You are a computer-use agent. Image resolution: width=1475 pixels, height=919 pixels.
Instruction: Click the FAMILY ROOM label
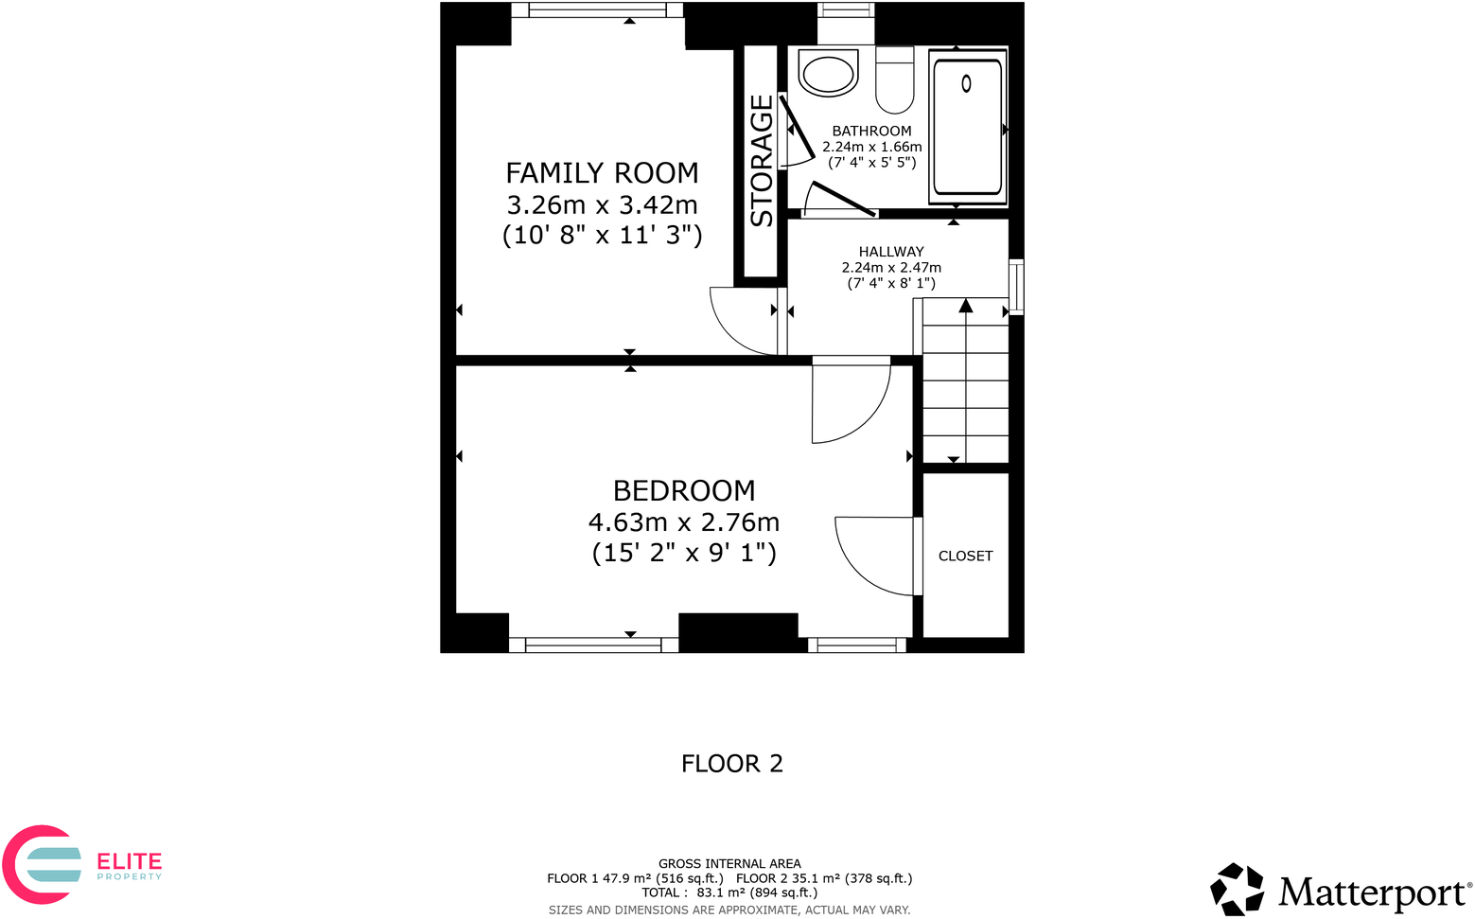[602, 173]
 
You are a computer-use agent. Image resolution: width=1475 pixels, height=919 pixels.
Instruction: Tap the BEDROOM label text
[683, 490]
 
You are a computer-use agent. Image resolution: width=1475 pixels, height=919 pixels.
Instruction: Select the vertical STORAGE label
[762, 161]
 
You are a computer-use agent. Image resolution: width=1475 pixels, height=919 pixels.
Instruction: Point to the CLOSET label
[965, 556]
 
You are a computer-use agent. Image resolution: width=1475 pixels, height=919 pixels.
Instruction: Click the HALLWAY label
[890, 252]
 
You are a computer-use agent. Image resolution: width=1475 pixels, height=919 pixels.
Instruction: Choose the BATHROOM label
[871, 131]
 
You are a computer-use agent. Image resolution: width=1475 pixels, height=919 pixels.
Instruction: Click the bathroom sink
[828, 74]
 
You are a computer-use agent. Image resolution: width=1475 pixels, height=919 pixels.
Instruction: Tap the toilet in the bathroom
[894, 80]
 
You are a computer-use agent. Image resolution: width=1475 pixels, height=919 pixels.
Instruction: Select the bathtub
[966, 128]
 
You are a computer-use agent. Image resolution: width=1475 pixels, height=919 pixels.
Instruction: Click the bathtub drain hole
[966, 83]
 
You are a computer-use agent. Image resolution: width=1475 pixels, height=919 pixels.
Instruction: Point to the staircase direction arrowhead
[965, 306]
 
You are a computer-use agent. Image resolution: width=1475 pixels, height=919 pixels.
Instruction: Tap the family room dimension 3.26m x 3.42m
[602, 204]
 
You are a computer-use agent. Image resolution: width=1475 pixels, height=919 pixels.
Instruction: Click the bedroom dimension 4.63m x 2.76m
[683, 521]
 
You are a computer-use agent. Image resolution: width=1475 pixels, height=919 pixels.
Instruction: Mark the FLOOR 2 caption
[731, 764]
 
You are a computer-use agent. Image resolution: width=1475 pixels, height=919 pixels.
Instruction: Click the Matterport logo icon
[1237, 890]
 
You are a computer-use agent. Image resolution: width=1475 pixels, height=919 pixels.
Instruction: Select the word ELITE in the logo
[130, 861]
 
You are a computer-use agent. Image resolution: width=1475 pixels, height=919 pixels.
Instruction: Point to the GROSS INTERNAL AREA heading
[729, 863]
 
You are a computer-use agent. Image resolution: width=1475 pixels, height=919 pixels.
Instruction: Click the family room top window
[597, 10]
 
